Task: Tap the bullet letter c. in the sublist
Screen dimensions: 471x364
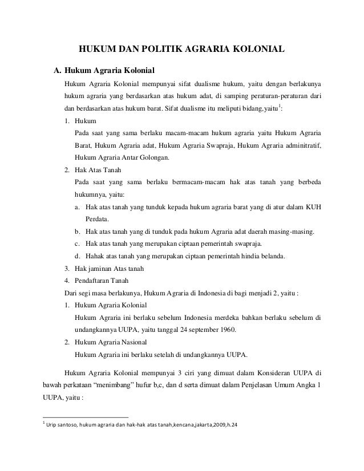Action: (x=78, y=243)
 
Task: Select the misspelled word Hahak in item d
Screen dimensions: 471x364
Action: (x=95, y=255)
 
